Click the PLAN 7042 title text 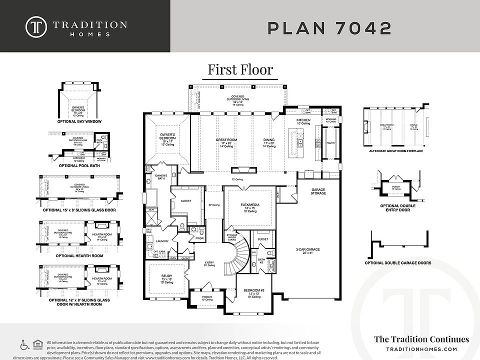tap(329, 28)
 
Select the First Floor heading tap(240, 69)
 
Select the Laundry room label tap(154, 240)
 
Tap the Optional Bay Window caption tap(79, 121)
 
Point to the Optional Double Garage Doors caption tap(398, 262)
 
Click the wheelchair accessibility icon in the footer tap(23, 345)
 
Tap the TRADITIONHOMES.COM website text tap(421, 349)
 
